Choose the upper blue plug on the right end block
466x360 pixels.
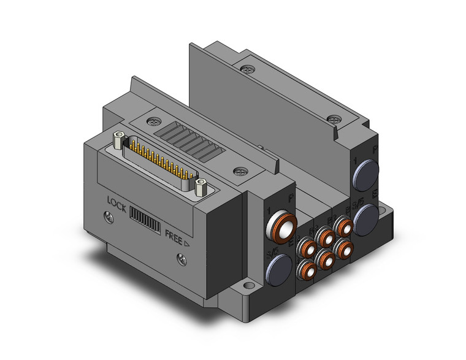pos(364,170)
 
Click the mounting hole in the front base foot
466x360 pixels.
pos(250,286)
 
